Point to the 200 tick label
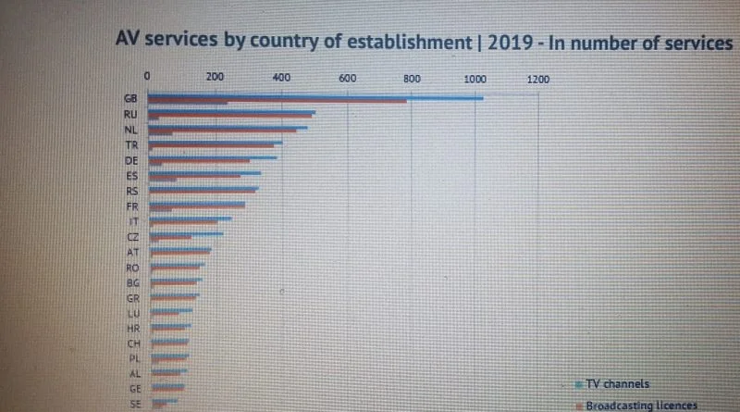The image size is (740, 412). click(215, 79)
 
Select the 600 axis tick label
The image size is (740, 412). click(348, 79)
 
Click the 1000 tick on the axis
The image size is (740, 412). click(475, 79)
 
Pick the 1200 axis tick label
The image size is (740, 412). click(538, 79)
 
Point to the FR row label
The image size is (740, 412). click(131, 206)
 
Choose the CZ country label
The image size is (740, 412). click(131, 237)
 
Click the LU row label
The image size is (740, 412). click(131, 314)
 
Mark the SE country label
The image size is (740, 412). click(135, 405)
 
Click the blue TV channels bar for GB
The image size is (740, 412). click(315, 96)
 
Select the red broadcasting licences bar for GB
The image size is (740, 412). click(277, 101)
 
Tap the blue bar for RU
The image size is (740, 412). click(232, 112)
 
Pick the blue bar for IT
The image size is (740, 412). click(191, 218)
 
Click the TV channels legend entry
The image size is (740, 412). click(617, 383)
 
